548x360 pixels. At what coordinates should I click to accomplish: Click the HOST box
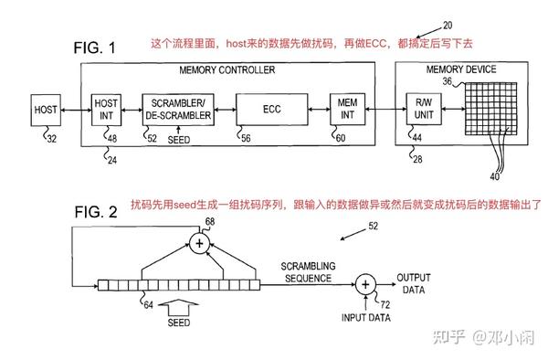45,110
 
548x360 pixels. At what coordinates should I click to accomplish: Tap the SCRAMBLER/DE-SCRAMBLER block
177,110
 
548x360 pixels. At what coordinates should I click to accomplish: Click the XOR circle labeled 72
364,284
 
